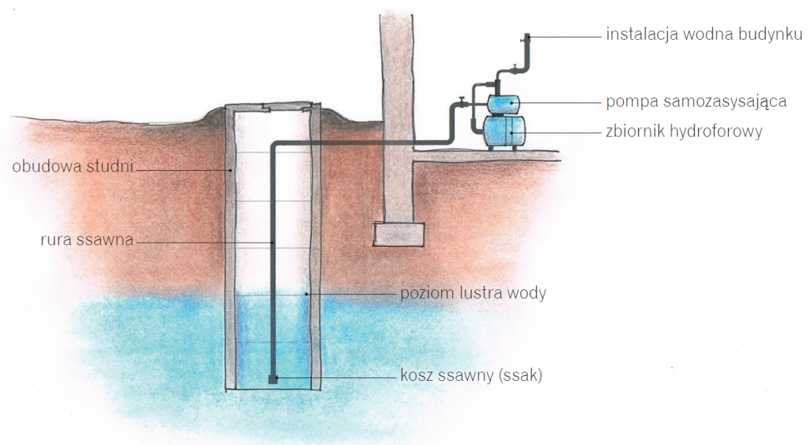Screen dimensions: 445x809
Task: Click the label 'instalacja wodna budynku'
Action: (x=704, y=36)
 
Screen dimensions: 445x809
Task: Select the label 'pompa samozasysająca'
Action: (x=697, y=102)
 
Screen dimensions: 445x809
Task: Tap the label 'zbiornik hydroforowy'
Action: (x=684, y=132)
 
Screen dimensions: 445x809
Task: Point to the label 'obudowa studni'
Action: (x=73, y=166)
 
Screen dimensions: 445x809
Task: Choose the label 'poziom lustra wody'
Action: (x=473, y=294)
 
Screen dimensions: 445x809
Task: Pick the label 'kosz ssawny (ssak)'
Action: (x=471, y=376)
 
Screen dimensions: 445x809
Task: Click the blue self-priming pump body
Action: (x=501, y=102)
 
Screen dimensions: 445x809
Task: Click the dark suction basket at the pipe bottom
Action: (x=273, y=379)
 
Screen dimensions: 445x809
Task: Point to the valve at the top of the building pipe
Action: (x=526, y=38)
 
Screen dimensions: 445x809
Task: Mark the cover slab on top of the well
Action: (x=273, y=108)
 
